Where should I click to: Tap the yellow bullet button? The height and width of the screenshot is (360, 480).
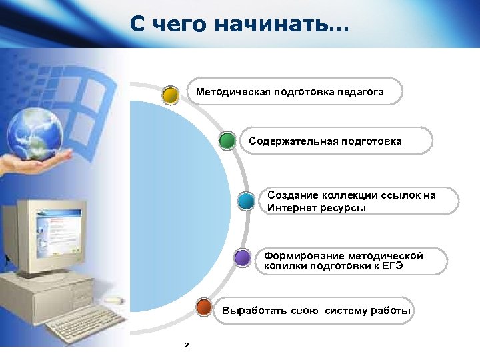click(x=171, y=94)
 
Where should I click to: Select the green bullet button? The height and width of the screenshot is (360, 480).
click(x=227, y=140)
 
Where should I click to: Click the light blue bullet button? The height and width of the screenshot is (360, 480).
click(x=246, y=201)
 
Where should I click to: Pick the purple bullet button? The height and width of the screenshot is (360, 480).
click(x=243, y=258)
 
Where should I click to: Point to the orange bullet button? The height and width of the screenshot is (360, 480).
click(x=205, y=308)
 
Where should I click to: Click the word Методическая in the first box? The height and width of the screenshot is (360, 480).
click(x=232, y=92)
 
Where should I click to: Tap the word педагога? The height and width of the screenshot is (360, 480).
click(x=361, y=92)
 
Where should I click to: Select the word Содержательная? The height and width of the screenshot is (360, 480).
click(x=293, y=141)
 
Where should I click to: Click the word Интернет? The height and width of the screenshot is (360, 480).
click(x=291, y=208)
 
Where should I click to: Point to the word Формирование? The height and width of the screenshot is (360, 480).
click(x=304, y=256)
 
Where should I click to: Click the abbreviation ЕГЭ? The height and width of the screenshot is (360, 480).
click(x=390, y=267)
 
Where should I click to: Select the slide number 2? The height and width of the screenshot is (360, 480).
click(x=187, y=345)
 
